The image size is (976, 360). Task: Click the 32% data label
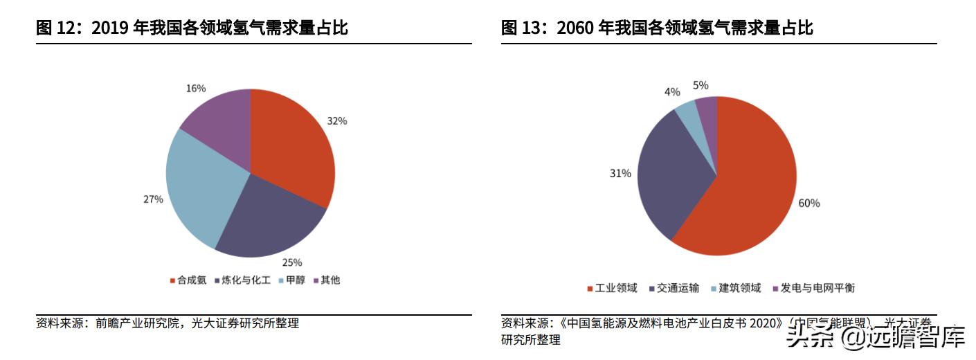coord(337,120)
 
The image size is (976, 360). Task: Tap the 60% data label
coord(809,203)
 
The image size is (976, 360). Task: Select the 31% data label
coord(620,173)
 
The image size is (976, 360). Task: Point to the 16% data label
coord(196,88)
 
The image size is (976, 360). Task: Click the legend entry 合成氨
coord(188,280)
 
